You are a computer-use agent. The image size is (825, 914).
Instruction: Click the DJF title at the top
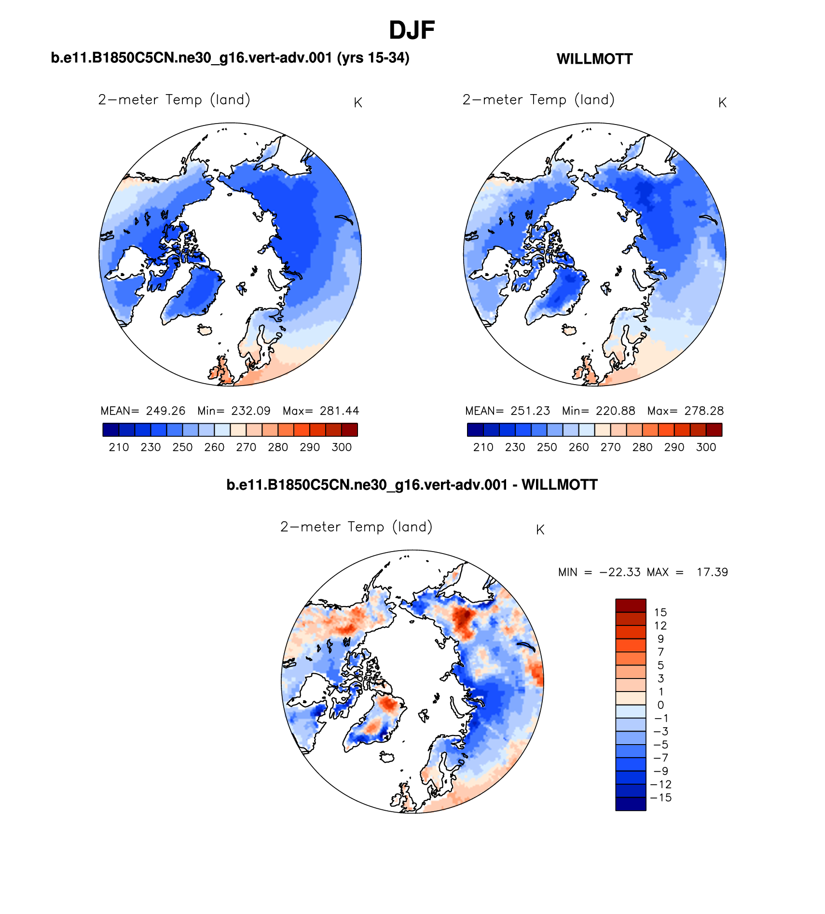(x=412, y=30)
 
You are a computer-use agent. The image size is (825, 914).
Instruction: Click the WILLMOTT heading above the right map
(x=594, y=59)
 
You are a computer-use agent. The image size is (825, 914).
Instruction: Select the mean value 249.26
(x=165, y=411)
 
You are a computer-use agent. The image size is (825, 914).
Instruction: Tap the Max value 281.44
(x=339, y=411)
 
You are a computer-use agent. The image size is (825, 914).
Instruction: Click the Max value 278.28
(x=704, y=411)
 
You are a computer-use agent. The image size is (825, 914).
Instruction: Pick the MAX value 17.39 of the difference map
(x=712, y=572)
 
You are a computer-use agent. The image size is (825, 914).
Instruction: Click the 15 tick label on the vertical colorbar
(x=660, y=612)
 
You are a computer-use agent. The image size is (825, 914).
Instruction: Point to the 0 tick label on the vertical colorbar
(x=660, y=705)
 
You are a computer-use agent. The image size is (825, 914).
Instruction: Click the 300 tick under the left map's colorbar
(x=342, y=447)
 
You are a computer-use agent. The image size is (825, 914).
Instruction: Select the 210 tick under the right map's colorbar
(x=483, y=447)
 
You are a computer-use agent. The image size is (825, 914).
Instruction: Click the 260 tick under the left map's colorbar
(x=214, y=447)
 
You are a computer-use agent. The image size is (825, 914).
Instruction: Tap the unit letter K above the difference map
(x=540, y=530)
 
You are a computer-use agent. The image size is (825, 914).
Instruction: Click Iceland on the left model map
(x=205, y=330)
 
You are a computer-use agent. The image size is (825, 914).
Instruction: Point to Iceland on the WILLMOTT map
(x=569, y=330)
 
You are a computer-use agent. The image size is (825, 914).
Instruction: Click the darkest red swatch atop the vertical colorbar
(x=631, y=606)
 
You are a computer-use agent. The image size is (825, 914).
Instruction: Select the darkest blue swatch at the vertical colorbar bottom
(x=631, y=804)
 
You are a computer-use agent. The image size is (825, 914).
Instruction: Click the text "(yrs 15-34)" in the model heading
(x=373, y=58)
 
